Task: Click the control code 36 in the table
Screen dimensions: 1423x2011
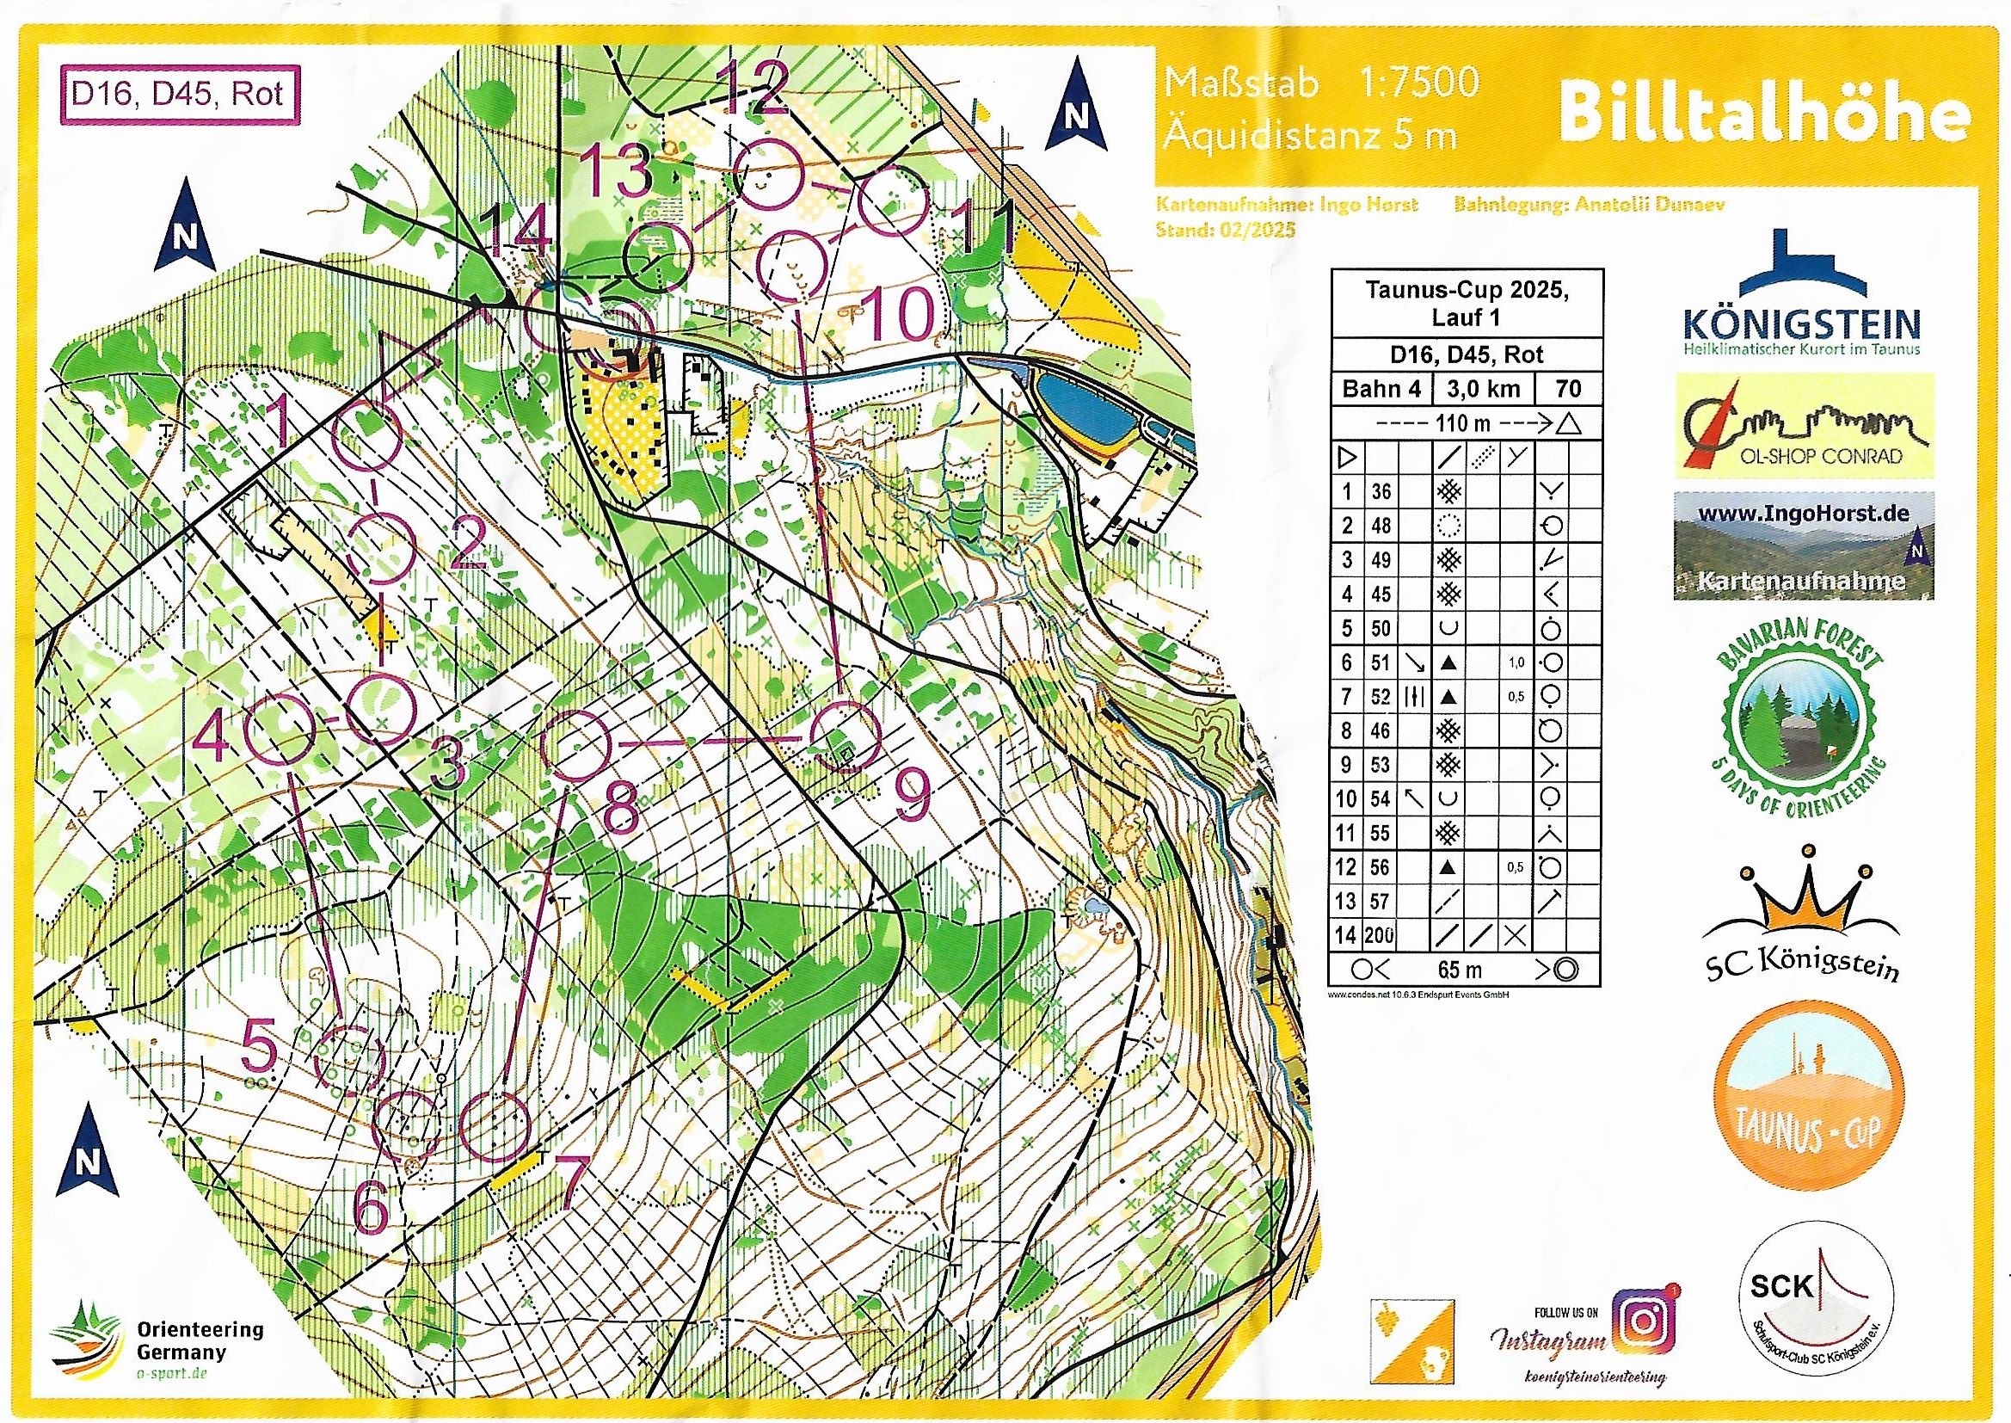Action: (1381, 490)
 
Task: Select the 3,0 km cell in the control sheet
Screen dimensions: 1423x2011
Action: (1485, 388)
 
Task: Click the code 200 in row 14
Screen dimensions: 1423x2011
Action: (1382, 935)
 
